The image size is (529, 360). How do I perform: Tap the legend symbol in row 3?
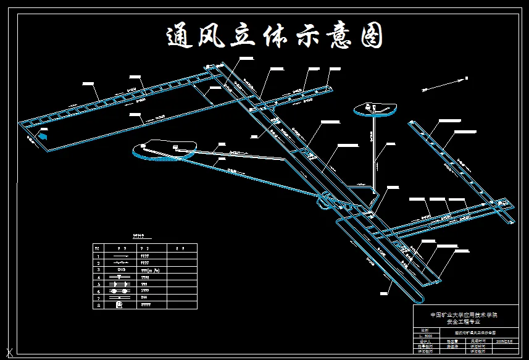(120, 269)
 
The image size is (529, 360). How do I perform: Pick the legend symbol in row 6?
(120, 290)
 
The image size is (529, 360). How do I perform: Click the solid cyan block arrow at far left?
(43, 135)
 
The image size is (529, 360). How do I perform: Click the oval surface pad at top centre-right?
(375, 109)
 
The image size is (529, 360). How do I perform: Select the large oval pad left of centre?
(164, 149)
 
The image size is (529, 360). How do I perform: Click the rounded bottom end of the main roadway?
(420, 298)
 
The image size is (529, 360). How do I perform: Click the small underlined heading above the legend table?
(142, 235)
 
